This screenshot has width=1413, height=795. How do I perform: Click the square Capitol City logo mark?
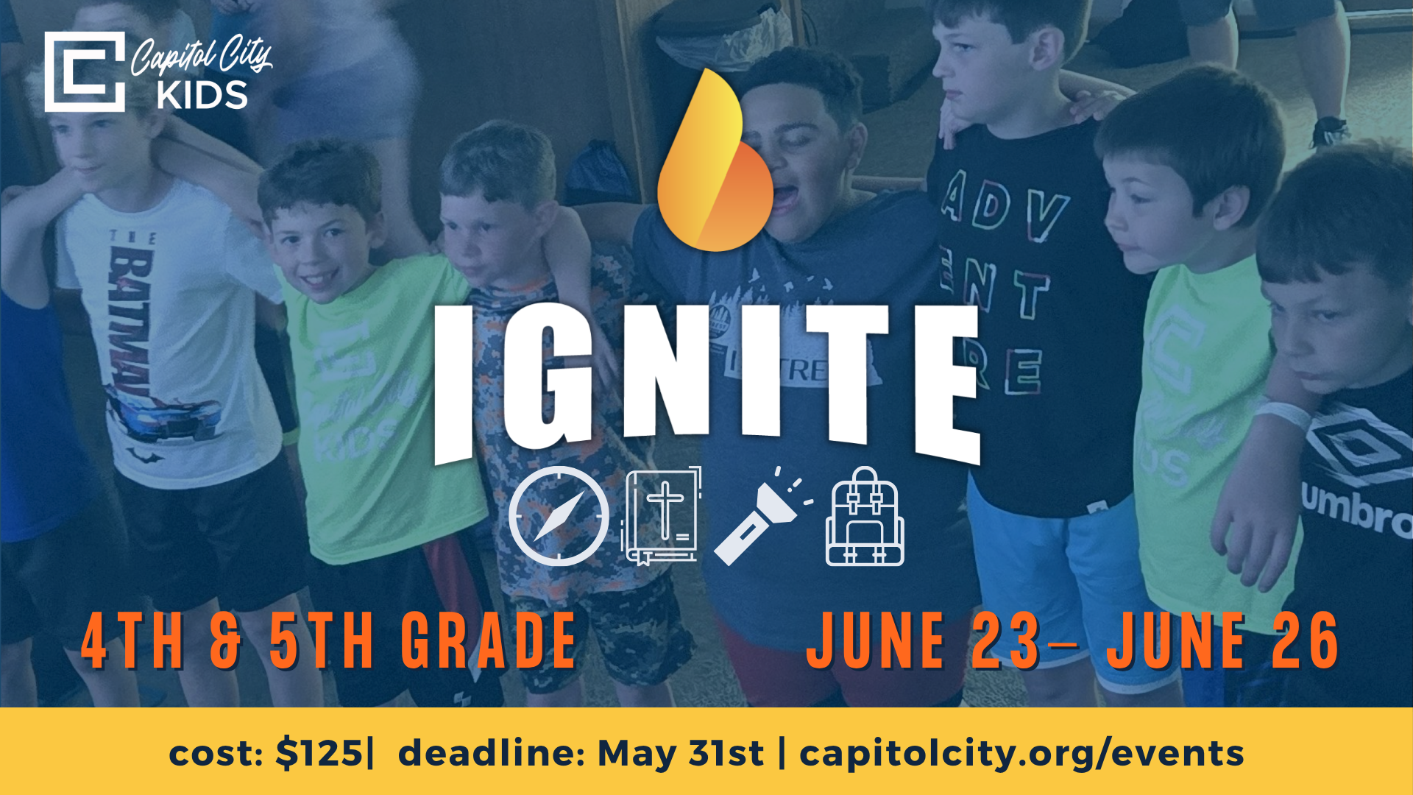[84, 71]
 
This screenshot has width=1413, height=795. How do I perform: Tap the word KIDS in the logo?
[202, 96]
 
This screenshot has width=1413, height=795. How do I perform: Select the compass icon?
[559, 516]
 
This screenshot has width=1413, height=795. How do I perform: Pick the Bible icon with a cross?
[662, 516]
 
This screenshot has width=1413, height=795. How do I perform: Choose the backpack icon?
[865, 517]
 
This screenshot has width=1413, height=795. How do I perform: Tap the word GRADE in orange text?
[489, 642]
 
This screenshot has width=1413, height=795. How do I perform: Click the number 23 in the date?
[1005, 642]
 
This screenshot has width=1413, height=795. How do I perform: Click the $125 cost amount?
[319, 753]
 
